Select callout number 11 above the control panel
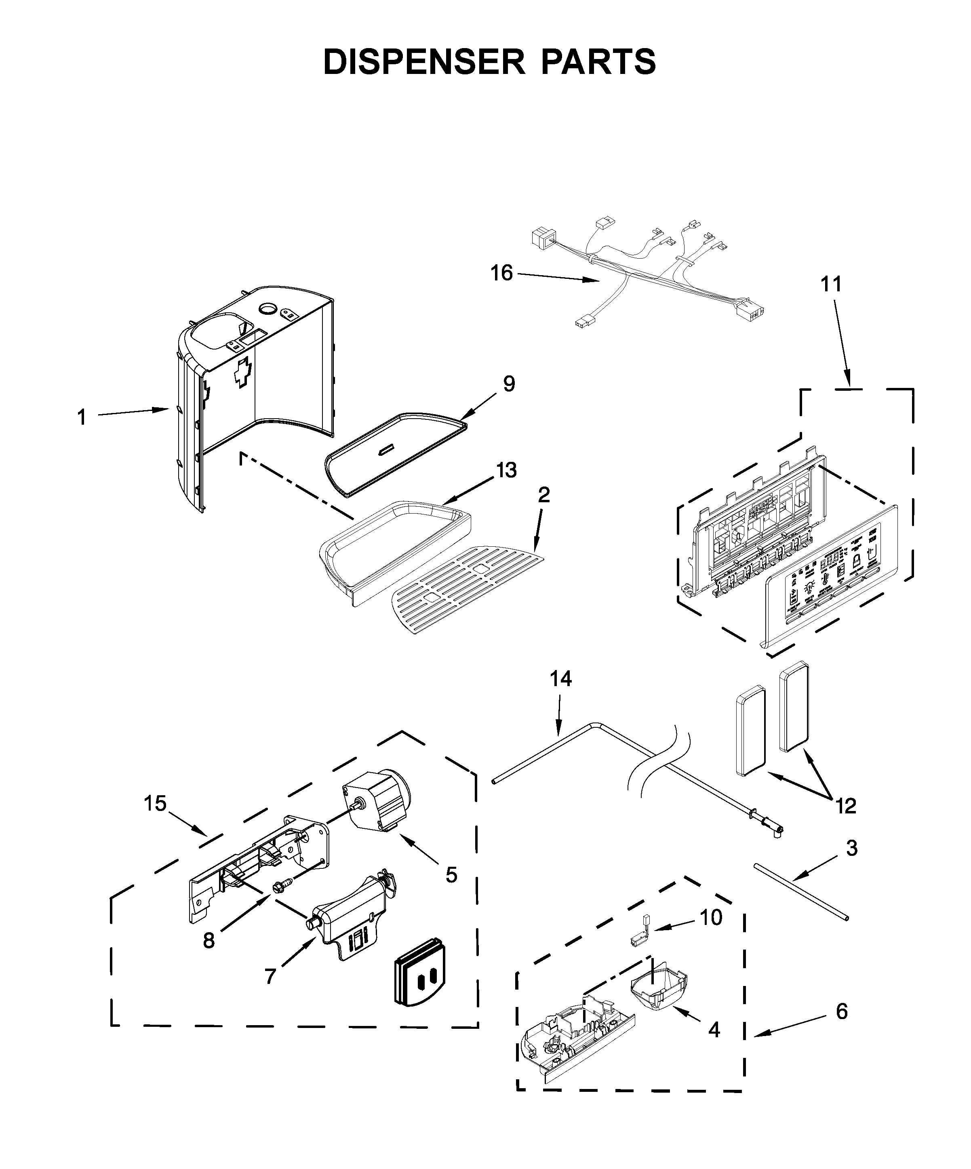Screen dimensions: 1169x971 [831, 284]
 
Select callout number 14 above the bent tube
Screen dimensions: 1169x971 [561, 679]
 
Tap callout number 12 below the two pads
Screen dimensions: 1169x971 [846, 805]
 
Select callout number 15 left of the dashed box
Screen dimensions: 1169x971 [155, 803]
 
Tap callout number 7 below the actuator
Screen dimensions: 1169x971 [270, 976]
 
